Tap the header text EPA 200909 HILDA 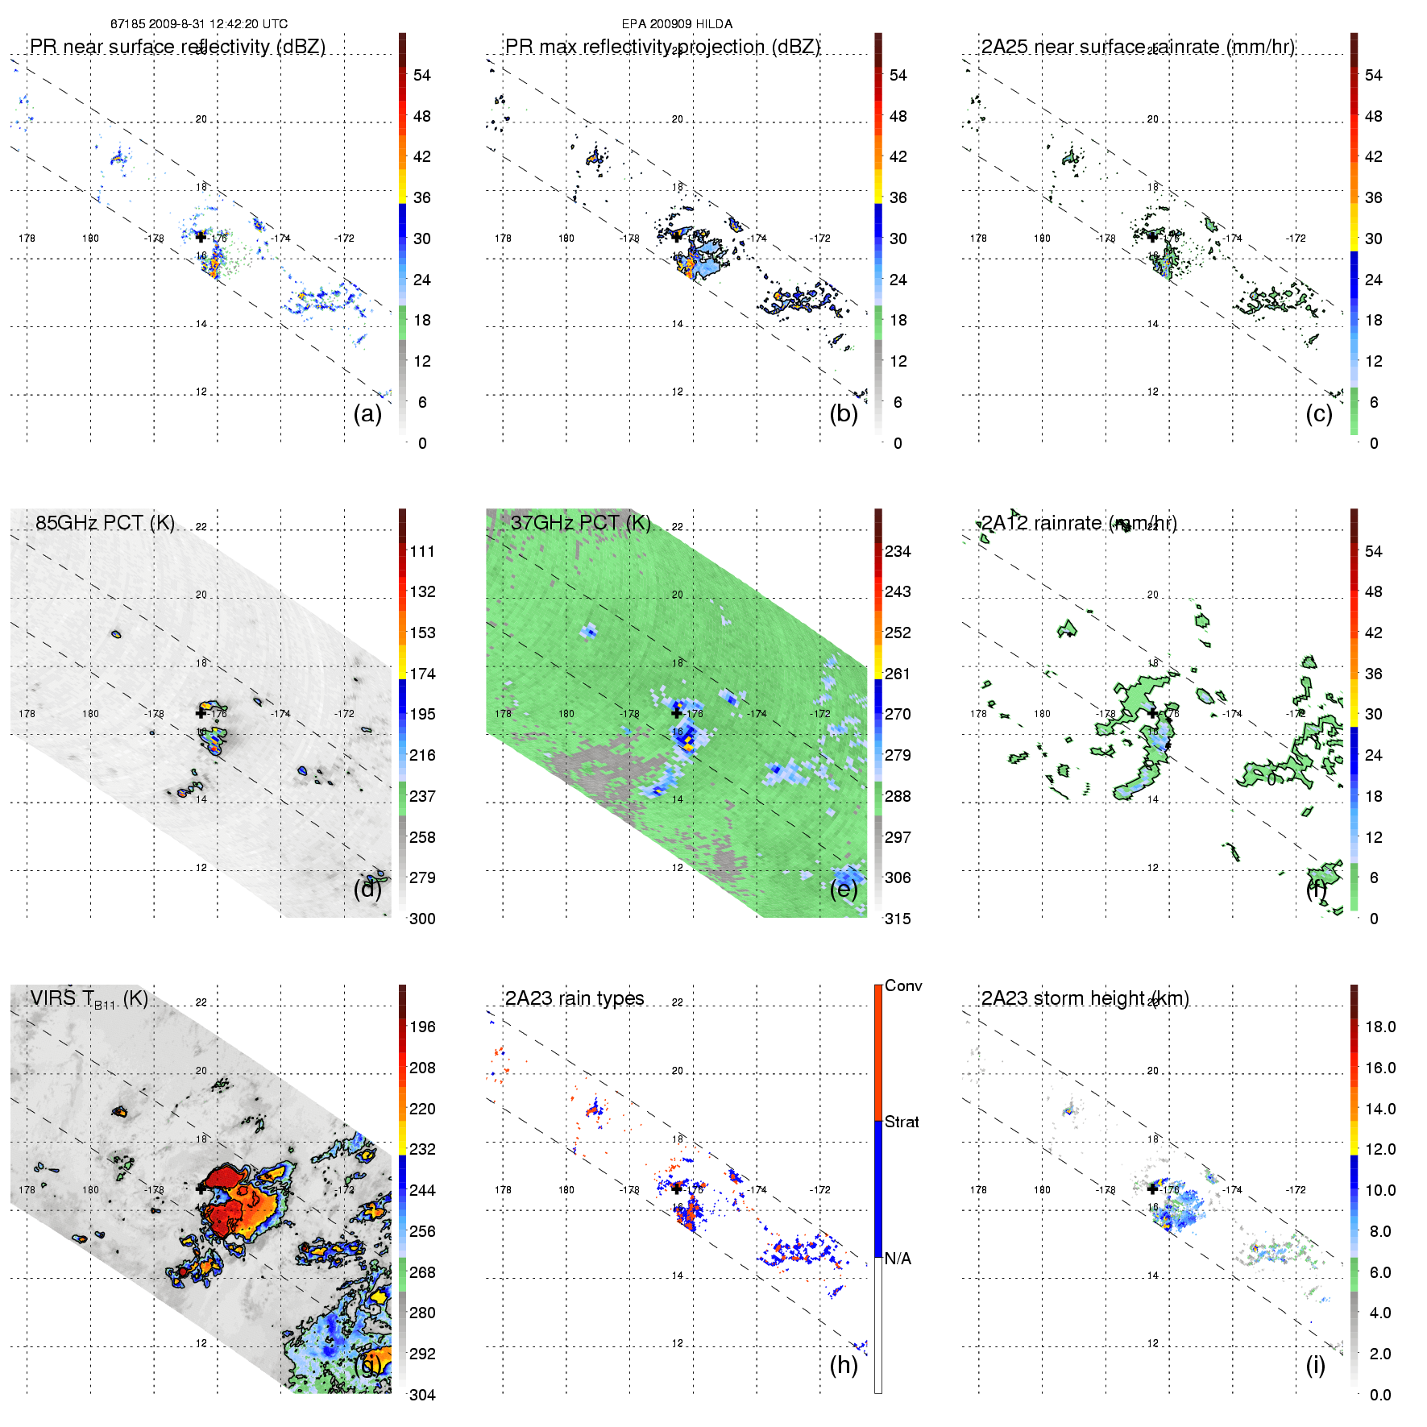tap(677, 24)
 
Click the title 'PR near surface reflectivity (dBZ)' tap(177, 47)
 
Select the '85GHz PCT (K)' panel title tap(105, 522)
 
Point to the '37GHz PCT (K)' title tap(580, 522)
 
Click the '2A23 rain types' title tap(575, 998)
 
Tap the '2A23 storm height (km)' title tap(1085, 998)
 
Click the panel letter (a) tap(367, 413)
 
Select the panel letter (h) tap(844, 1365)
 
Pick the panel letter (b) tap(844, 413)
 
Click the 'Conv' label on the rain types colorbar tap(903, 985)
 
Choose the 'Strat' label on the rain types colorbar tap(902, 1122)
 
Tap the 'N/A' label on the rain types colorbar tap(898, 1259)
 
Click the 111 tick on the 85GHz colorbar tap(422, 551)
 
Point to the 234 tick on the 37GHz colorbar tap(898, 551)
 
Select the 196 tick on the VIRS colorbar tap(422, 1027)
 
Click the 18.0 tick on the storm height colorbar tap(1380, 1027)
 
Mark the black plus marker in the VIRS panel tap(201, 1188)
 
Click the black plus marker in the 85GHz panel tap(201, 712)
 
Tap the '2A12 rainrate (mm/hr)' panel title tap(1079, 522)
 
